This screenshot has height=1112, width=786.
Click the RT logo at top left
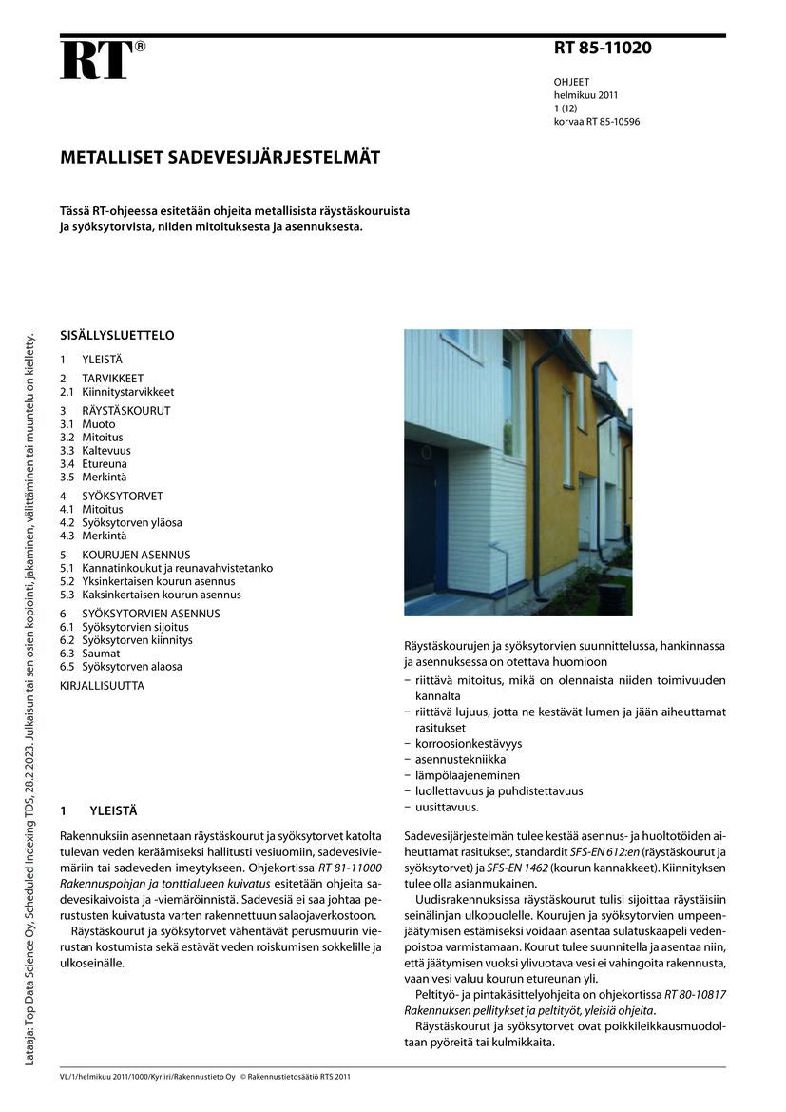click(x=97, y=59)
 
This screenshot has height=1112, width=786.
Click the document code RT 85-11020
click(x=603, y=48)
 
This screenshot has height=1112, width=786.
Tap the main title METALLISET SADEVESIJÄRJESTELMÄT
click(x=220, y=158)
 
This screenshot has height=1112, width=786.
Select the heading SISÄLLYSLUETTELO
click(x=117, y=336)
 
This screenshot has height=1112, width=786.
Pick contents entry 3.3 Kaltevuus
click(x=95, y=450)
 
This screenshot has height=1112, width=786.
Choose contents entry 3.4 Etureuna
click(x=93, y=463)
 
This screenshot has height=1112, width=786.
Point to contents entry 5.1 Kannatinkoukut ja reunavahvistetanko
click(x=165, y=568)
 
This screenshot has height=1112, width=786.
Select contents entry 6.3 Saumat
click(x=90, y=654)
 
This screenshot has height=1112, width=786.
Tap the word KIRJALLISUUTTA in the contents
click(x=103, y=685)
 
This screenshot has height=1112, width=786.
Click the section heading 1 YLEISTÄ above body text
click(x=99, y=811)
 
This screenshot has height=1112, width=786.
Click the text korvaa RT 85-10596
click(x=597, y=122)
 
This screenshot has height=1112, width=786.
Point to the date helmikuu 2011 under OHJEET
click(x=586, y=95)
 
